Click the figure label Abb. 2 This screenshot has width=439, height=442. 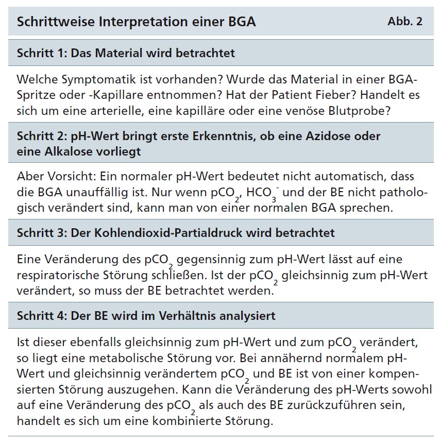coord(404,22)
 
